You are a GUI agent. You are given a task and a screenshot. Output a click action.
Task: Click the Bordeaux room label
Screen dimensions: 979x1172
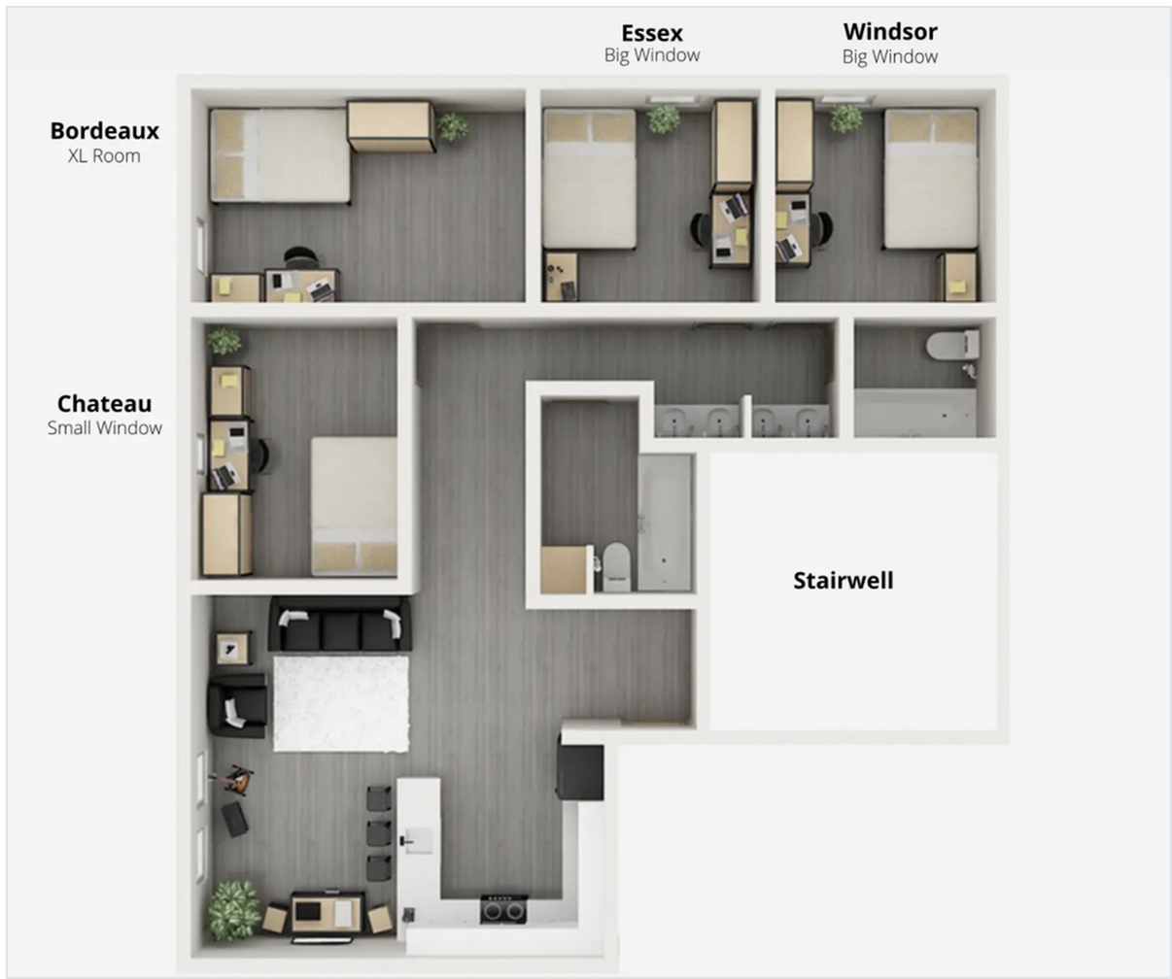[x=104, y=130]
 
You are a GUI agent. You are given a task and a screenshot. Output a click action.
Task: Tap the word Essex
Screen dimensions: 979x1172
[x=651, y=33]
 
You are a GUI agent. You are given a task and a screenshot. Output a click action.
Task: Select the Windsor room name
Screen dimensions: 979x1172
[x=889, y=32]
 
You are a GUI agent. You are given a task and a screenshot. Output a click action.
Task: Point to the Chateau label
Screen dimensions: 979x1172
[x=104, y=403]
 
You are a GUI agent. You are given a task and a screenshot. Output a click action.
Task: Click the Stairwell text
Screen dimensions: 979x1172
[x=843, y=581]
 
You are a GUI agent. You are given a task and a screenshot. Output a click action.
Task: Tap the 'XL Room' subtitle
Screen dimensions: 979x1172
[x=104, y=155]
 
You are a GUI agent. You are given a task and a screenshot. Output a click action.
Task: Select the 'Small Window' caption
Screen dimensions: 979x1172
[x=104, y=428]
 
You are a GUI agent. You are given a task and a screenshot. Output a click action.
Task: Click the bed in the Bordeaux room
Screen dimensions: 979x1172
[x=280, y=155]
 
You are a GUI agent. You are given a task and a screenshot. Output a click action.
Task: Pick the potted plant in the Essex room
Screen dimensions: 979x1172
[x=664, y=119]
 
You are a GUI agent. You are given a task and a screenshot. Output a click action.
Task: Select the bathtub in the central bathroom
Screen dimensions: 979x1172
[x=665, y=523]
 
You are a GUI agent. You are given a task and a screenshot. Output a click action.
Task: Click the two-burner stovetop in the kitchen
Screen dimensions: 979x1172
[x=503, y=910]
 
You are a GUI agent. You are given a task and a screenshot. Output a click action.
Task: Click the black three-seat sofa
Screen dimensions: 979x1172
[x=339, y=625]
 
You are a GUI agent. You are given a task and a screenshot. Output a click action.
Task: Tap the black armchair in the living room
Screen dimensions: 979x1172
[x=237, y=705]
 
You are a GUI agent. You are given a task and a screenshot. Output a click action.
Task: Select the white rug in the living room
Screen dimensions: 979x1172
[x=341, y=703]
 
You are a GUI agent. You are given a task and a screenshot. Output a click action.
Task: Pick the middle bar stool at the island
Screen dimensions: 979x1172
[x=379, y=833]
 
